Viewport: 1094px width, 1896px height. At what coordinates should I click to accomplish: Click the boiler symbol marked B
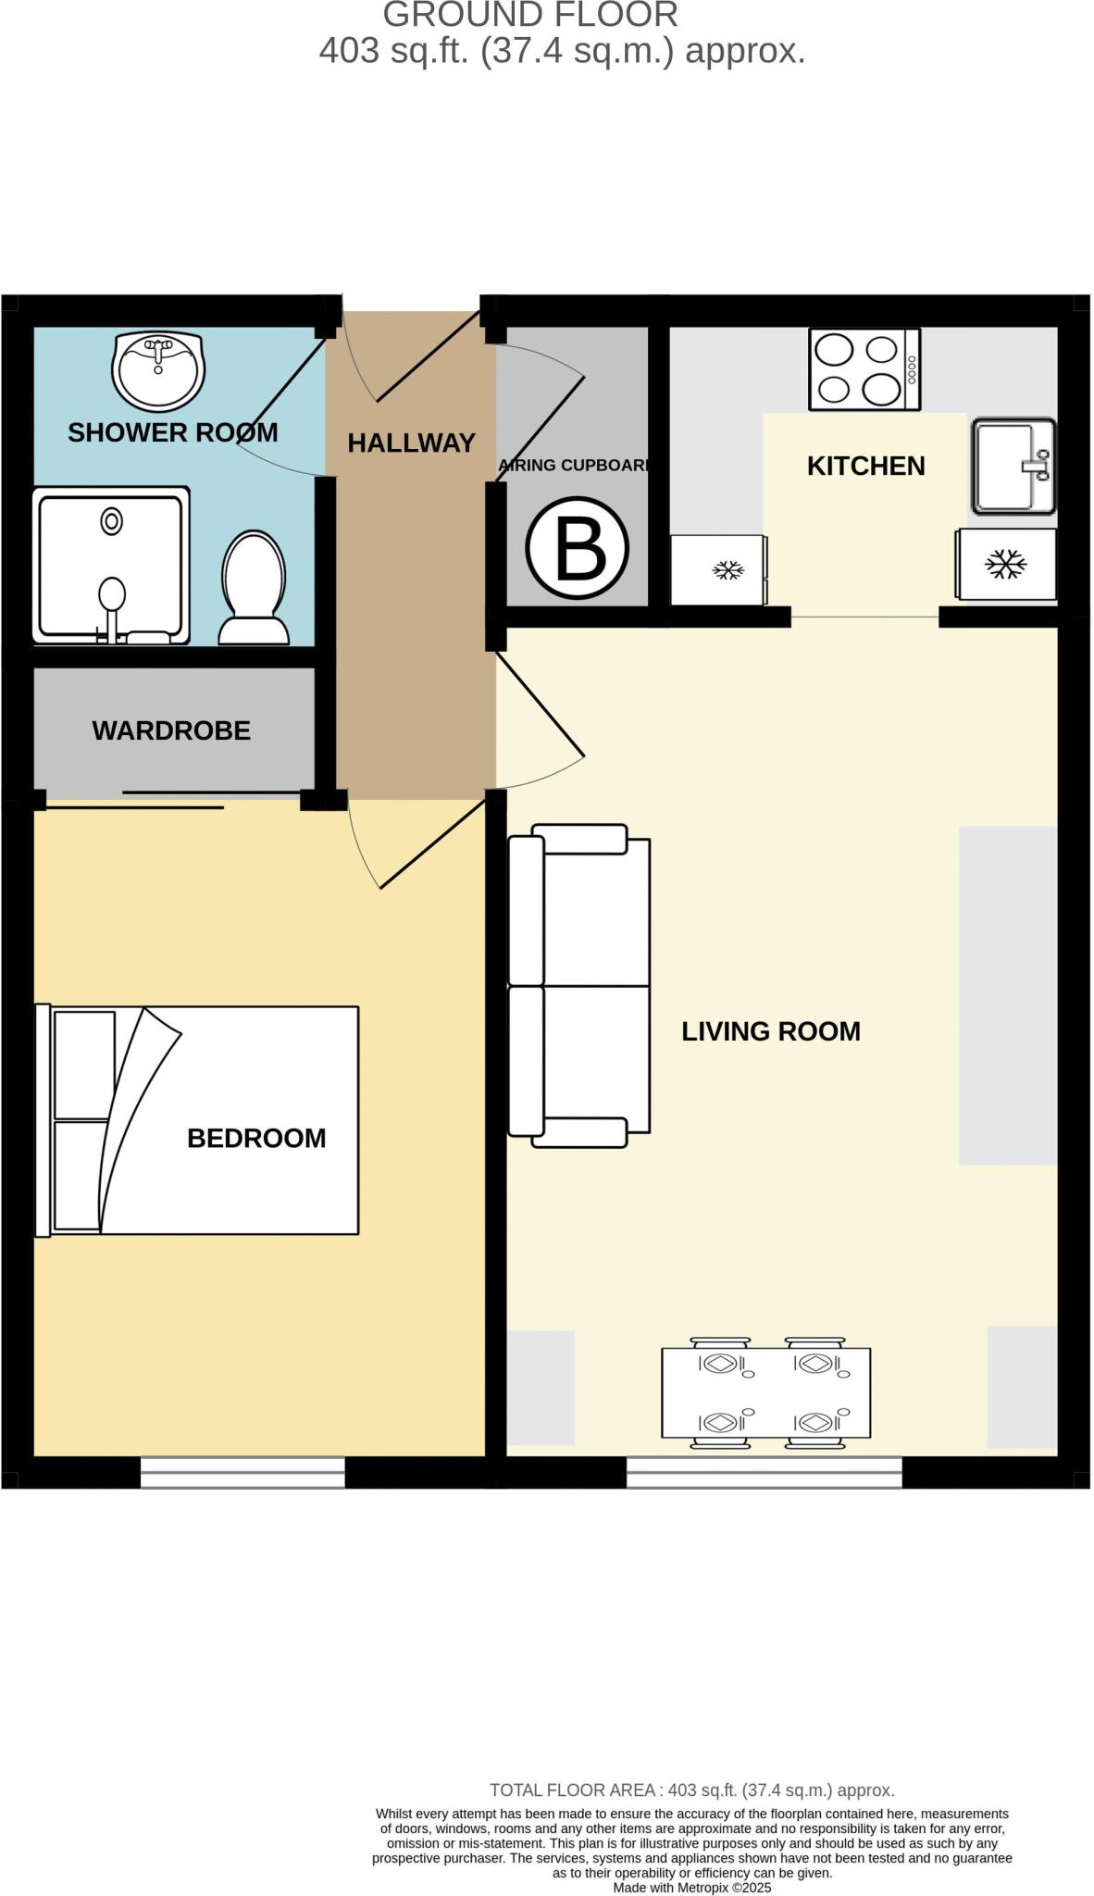tap(577, 548)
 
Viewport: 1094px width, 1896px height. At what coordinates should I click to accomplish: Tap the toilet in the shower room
tap(253, 589)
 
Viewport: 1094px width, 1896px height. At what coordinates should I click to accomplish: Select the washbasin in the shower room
tap(157, 371)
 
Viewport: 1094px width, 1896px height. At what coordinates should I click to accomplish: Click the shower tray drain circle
tap(112, 521)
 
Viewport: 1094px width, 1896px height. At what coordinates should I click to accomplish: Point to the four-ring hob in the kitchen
tap(864, 368)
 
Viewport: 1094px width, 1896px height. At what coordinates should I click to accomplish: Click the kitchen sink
tap(1013, 466)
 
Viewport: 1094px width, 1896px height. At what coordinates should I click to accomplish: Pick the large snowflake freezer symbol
tap(1005, 564)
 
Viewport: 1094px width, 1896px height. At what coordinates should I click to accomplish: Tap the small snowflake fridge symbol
tap(727, 570)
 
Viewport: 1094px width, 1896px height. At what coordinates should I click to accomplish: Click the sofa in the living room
tap(579, 985)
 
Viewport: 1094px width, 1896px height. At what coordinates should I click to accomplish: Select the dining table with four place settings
tap(765, 1391)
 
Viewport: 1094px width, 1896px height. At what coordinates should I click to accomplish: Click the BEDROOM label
tap(256, 1138)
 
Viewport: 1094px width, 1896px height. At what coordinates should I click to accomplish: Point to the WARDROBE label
tap(171, 730)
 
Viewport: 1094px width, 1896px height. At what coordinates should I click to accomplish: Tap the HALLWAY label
tap(411, 443)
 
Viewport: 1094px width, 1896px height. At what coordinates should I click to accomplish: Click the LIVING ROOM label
tap(770, 1031)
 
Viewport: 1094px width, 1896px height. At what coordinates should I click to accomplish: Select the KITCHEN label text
tap(865, 466)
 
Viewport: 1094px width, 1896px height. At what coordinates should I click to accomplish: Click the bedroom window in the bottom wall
tap(242, 1472)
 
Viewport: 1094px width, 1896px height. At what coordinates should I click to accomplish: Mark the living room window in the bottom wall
tap(764, 1472)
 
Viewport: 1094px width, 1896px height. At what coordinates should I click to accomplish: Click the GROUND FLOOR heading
tap(530, 15)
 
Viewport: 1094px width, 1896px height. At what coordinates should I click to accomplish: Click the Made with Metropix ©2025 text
tap(691, 1887)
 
